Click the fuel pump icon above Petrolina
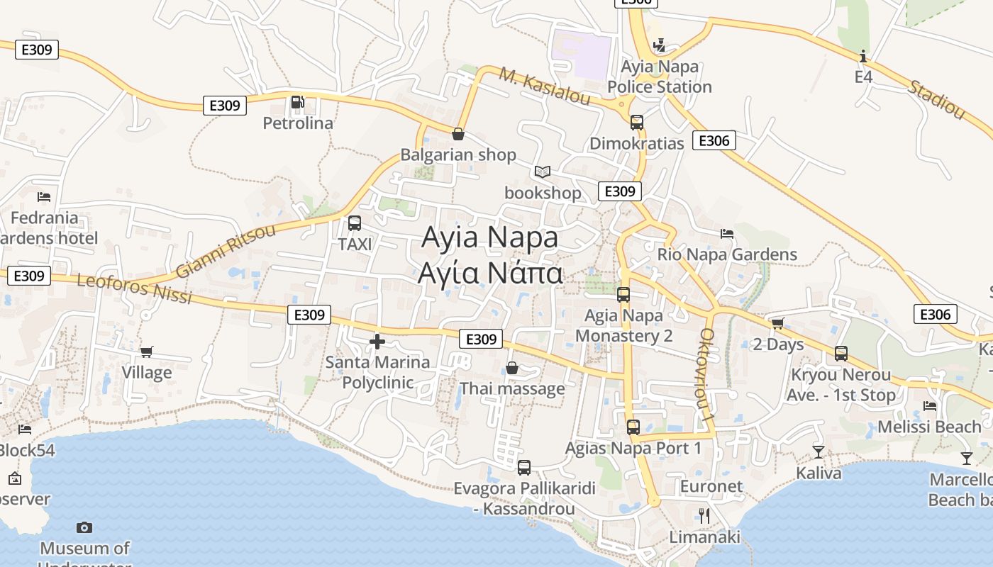pyautogui.click(x=298, y=103)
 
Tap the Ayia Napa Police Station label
pyautogui.click(x=660, y=77)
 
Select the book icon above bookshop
pyautogui.click(x=543, y=172)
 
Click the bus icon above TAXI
pyautogui.click(x=355, y=223)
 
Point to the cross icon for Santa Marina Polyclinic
pyautogui.click(x=377, y=342)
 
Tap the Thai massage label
pyautogui.click(x=512, y=388)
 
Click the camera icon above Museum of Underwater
pyautogui.click(x=84, y=527)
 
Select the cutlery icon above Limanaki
pyautogui.click(x=704, y=516)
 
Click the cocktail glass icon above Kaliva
pyautogui.click(x=819, y=451)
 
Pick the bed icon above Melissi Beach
pyautogui.click(x=929, y=406)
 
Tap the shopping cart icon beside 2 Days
pyautogui.click(x=777, y=324)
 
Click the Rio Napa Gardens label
pyautogui.click(x=727, y=254)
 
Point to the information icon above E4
pyautogui.click(x=863, y=56)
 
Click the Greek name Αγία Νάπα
pyautogui.click(x=490, y=273)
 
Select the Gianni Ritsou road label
pyautogui.click(x=225, y=252)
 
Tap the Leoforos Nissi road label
pyautogui.click(x=134, y=288)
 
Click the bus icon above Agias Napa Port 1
pyautogui.click(x=633, y=427)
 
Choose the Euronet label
pyautogui.click(x=711, y=486)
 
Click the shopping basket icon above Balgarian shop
pyautogui.click(x=458, y=133)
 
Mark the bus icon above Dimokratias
pyautogui.click(x=637, y=122)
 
